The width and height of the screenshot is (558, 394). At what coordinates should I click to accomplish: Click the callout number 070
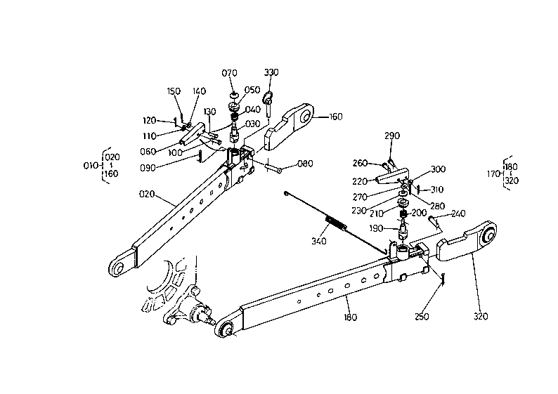click(x=229, y=73)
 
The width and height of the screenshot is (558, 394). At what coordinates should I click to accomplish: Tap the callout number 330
click(x=271, y=72)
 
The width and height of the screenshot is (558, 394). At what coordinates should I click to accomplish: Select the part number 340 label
click(x=319, y=241)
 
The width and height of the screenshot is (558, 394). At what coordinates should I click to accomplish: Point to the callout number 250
click(x=422, y=316)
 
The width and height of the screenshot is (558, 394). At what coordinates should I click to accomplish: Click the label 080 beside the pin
click(x=305, y=164)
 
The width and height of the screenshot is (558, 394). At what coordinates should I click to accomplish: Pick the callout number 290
click(x=392, y=136)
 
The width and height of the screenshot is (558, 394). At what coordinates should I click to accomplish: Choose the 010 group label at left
click(x=91, y=165)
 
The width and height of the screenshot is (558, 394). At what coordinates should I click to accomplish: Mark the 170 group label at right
click(x=493, y=174)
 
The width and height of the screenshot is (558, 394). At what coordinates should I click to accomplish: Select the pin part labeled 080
click(x=273, y=166)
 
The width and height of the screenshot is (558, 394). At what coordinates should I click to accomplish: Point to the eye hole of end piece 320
click(x=489, y=236)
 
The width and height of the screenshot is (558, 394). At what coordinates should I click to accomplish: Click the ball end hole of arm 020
click(x=118, y=268)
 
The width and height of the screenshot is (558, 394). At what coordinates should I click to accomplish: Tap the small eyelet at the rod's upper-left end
click(x=286, y=193)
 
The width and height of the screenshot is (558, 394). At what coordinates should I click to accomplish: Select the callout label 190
click(x=376, y=228)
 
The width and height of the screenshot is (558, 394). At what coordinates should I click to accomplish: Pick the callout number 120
click(x=150, y=121)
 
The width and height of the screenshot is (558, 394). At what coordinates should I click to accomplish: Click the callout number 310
click(x=436, y=190)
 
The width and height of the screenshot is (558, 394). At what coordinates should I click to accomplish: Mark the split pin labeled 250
click(x=443, y=278)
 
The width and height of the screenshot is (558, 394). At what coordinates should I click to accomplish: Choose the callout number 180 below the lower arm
click(x=351, y=317)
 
